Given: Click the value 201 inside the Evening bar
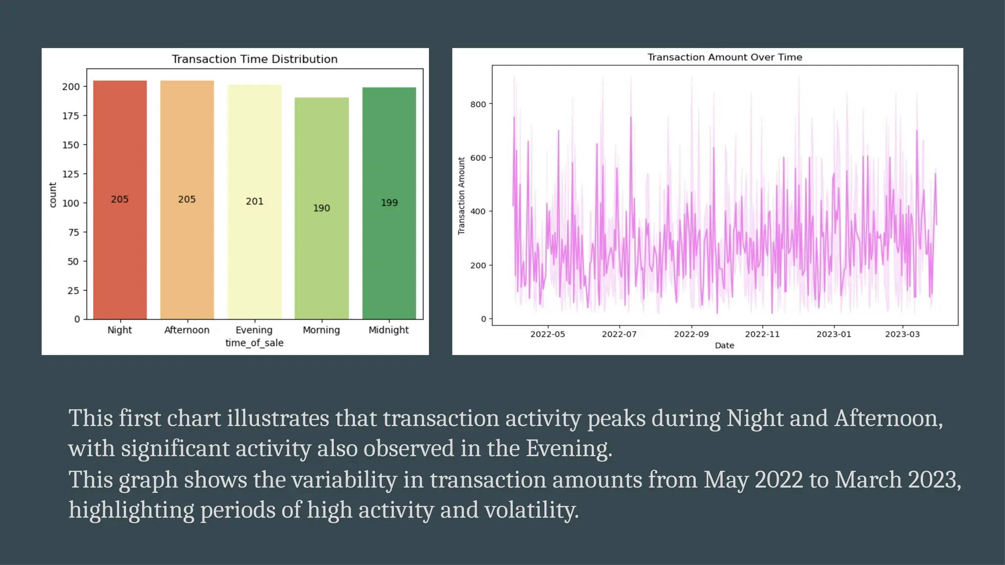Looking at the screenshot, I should tap(255, 201).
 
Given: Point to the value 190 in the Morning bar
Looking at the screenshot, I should tap(321, 208).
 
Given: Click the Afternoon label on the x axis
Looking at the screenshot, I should tap(186, 330).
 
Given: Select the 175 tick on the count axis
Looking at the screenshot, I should tap(71, 116).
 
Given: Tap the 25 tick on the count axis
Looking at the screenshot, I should tap(73, 291).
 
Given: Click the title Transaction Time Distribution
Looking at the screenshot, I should tap(254, 59).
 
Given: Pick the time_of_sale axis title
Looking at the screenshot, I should tap(254, 343).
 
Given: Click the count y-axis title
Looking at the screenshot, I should tap(53, 195).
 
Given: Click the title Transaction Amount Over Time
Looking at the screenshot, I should tap(724, 57).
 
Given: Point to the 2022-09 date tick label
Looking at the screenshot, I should tap(691, 334).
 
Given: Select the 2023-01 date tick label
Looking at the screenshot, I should tap(833, 334).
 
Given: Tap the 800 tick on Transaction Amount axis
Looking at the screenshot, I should tap(478, 104).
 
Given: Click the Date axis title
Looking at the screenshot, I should tap(724, 345).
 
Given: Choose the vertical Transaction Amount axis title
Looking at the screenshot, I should tap(461, 196).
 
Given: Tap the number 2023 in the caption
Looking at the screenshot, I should tap(932, 479).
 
